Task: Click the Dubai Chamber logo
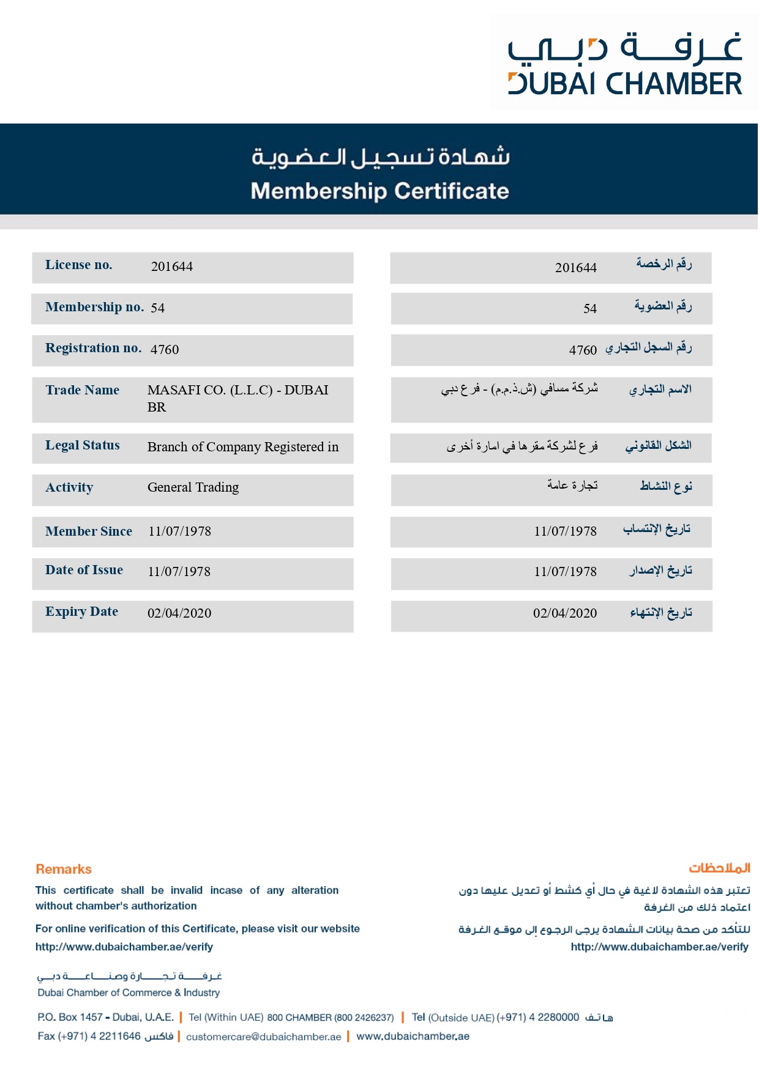pos(624,64)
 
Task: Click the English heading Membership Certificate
pos(379,191)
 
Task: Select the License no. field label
pos(79,265)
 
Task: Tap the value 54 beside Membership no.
pos(158,308)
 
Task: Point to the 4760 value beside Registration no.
pos(165,349)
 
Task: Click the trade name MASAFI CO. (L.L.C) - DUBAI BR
pos(237,398)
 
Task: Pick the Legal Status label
pos(83,445)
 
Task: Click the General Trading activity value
pos(193,487)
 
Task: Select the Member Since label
pos(89,531)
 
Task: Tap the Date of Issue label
pos(84,570)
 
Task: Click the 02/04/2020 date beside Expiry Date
pos(179,613)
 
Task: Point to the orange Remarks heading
pos(64,869)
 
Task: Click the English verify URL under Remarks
pos(124,947)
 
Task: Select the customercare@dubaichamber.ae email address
pos(263,1037)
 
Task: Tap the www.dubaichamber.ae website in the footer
pos(413,1036)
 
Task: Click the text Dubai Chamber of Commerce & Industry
pos(129,993)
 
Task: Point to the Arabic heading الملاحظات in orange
pos(719,868)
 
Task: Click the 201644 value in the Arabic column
pos(575,267)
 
